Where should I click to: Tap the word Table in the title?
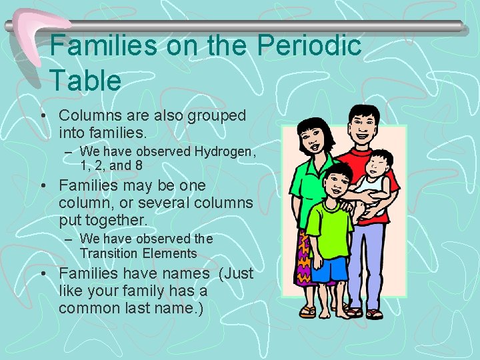(85, 80)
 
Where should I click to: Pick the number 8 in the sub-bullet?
(138, 165)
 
